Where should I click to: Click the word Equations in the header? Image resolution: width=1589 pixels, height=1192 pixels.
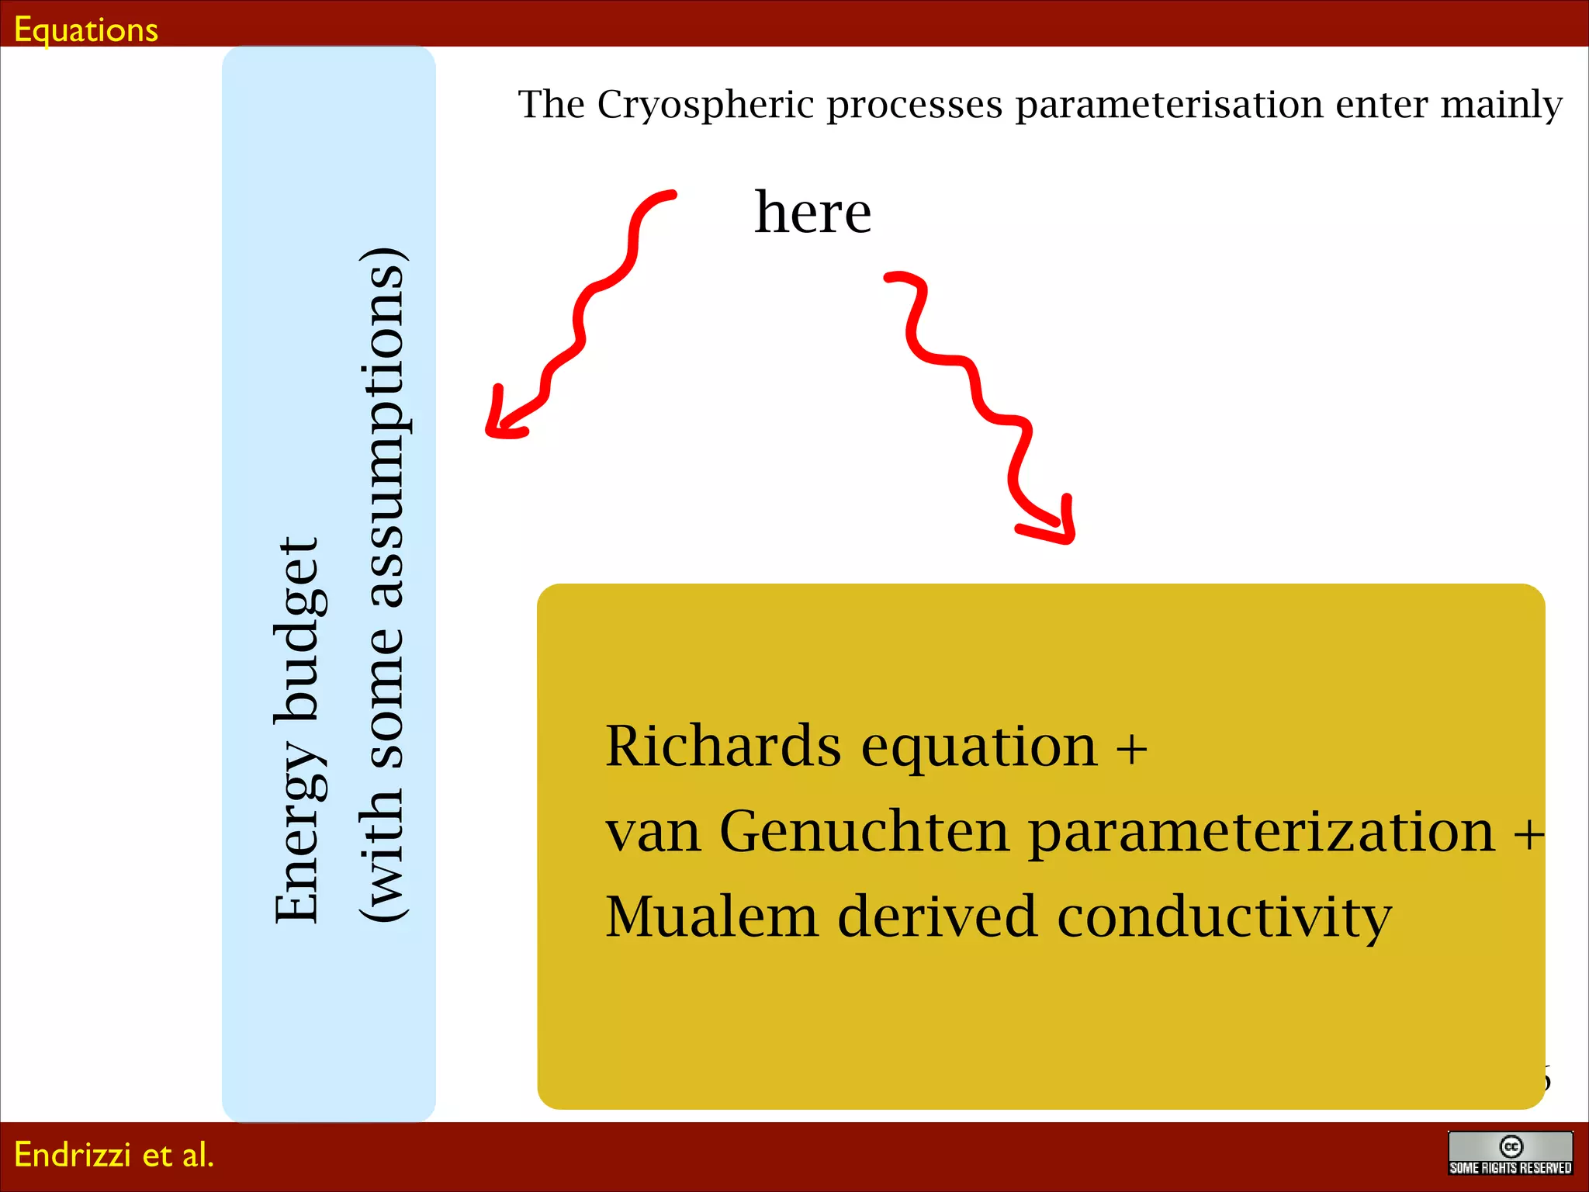(x=86, y=29)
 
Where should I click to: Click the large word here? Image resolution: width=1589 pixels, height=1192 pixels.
(x=812, y=213)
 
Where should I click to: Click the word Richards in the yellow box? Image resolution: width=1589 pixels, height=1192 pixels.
(x=722, y=746)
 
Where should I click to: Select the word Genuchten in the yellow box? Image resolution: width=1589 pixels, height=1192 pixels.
(x=864, y=831)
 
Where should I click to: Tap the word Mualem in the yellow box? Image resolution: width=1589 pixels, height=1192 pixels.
(x=711, y=917)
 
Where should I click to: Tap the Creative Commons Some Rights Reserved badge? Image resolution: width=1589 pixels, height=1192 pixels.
(x=1510, y=1153)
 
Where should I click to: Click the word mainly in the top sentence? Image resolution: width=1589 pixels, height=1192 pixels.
(x=1501, y=104)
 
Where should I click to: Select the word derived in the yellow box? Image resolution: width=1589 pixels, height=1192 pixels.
(x=937, y=917)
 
